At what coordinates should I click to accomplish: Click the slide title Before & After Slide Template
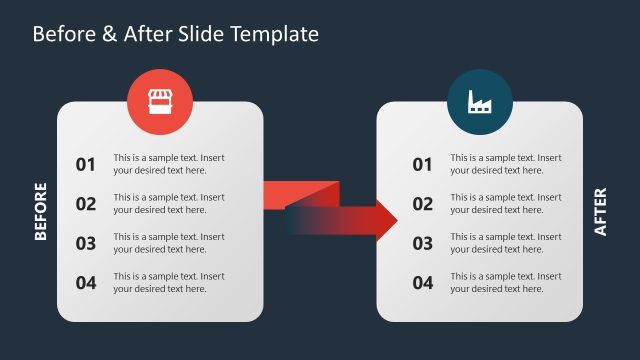tap(176, 34)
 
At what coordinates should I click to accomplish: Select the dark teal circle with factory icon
tap(480, 100)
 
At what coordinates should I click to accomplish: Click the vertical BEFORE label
tap(41, 211)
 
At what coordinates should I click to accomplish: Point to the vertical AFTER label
tap(600, 212)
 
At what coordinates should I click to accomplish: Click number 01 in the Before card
tap(86, 165)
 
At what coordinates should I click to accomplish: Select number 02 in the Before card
tap(86, 204)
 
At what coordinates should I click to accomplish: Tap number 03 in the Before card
tap(86, 243)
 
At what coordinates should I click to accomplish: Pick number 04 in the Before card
tap(86, 283)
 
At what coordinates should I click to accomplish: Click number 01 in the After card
tap(423, 165)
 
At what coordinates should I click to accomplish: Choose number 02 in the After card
tap(423, 204)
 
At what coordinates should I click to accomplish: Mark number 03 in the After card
tap(423, 243)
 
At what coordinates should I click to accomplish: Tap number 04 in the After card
tap(423, 283)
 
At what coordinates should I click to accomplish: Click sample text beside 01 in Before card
tap(169, 164)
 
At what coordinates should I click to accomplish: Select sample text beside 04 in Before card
tap(169, 282)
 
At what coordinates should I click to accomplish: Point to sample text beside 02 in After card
tap(505, 203)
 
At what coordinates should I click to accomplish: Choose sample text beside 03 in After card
tap(505, 243)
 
